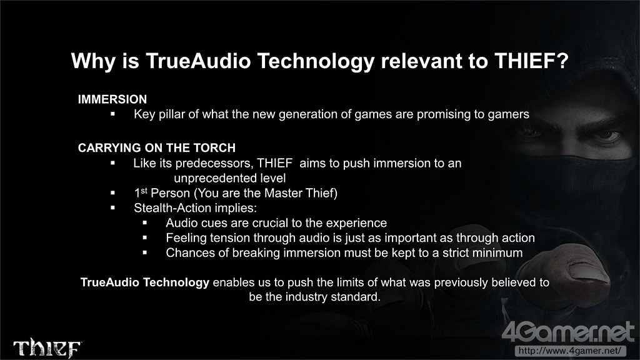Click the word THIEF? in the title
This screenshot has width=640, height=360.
(x=531, y=61)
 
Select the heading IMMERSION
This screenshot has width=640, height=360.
(x=112, y=99)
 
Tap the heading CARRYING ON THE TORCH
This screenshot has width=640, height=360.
(x=157, y=147)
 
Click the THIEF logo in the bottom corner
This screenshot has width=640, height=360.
(x=47, y=347)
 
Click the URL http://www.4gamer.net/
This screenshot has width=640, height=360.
(x=570, y=351)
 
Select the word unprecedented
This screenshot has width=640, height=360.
(x=212, y=178)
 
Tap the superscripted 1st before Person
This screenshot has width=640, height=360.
(x=141, y=192)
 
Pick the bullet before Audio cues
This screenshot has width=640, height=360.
(x=145, y=223)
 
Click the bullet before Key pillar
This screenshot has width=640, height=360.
(x=112, y=114)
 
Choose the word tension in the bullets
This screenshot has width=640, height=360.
(x=229, y=238)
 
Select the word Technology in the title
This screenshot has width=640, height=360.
(x=316, y=61)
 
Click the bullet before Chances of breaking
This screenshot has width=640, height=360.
(x=145, y=253)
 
